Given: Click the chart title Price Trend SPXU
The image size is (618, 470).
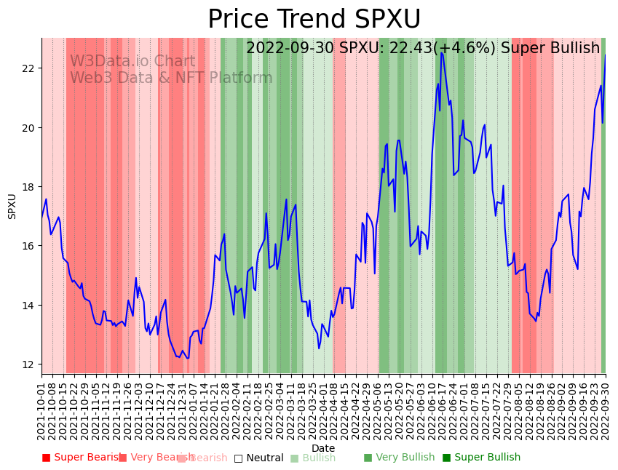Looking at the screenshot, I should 314,20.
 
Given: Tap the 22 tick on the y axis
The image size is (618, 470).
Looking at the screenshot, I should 29,68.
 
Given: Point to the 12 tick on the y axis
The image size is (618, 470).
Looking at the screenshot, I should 29,365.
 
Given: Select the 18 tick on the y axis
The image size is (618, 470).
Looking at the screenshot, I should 29,187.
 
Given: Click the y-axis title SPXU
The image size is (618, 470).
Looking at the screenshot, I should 12,206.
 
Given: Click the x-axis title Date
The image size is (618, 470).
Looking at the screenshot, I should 323,448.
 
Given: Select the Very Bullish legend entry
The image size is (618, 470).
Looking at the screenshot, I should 398,458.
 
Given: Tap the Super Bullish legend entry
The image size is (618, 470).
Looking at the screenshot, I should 481,458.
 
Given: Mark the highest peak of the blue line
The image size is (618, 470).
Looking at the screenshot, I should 441,53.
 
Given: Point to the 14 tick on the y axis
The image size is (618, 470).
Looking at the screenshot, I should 29,306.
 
